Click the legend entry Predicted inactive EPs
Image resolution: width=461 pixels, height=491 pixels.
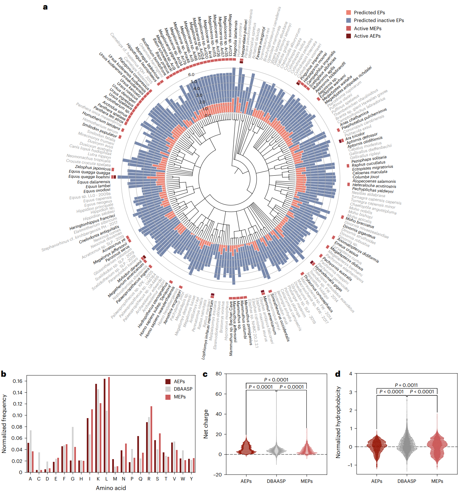(379, 20)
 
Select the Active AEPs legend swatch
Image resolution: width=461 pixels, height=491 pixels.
(348, 36)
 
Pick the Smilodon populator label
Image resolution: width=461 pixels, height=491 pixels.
(100, 130)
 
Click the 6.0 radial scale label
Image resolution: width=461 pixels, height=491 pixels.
(191, 75)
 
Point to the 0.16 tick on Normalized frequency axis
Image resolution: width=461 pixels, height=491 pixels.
(18, 381)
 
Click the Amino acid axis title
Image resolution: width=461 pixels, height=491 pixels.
(111, 488)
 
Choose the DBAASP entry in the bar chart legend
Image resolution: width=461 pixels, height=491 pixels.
(183, 389)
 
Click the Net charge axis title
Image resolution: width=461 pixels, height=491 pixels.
(206, 424)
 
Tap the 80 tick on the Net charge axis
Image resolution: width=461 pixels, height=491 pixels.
(219, 374)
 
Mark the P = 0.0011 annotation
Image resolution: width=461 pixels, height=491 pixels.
(406, 385)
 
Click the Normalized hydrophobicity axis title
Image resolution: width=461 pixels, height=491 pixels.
(338, 423)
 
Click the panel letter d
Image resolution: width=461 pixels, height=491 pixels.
(338, 374)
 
